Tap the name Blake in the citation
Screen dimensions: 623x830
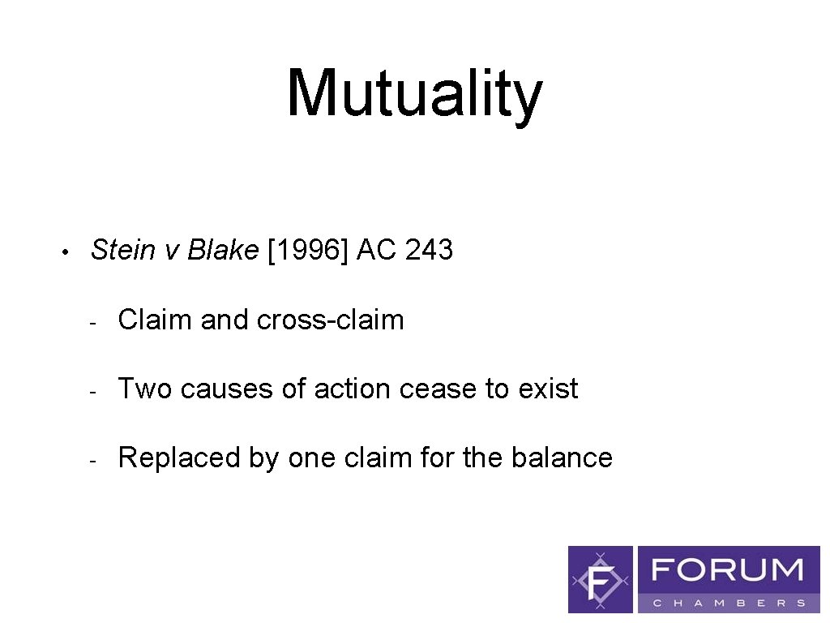tap(222, 250)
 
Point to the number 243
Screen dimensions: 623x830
tap(429, 250)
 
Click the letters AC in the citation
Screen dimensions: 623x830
tap(376, 250)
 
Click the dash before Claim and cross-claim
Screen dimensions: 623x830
tap(94, 322)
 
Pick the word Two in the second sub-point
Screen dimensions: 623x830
tap(145, 389)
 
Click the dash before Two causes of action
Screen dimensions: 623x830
tap(94, 391)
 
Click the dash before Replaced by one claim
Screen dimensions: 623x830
tap(94, 460)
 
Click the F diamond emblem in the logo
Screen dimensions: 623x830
tap(600, 579)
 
